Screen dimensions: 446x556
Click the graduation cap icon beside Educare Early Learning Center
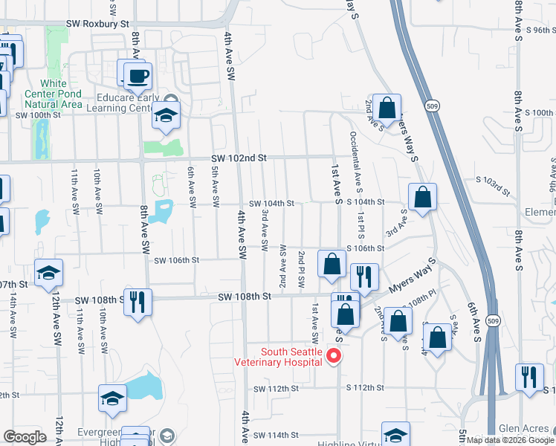166,117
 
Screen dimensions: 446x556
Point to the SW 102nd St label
238,158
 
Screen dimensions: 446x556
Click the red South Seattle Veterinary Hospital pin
334,356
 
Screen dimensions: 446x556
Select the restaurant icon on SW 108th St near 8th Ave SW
138,302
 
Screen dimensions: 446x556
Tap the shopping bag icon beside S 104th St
421,198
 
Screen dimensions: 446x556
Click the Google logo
25,437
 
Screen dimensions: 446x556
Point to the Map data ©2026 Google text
509,441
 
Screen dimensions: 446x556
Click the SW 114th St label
275,435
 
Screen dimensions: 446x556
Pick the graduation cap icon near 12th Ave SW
48,274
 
